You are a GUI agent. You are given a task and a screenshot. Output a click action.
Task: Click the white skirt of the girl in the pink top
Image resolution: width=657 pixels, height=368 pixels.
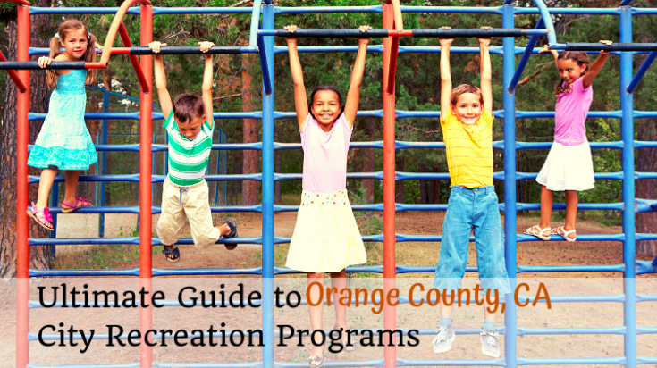point(566,167)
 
